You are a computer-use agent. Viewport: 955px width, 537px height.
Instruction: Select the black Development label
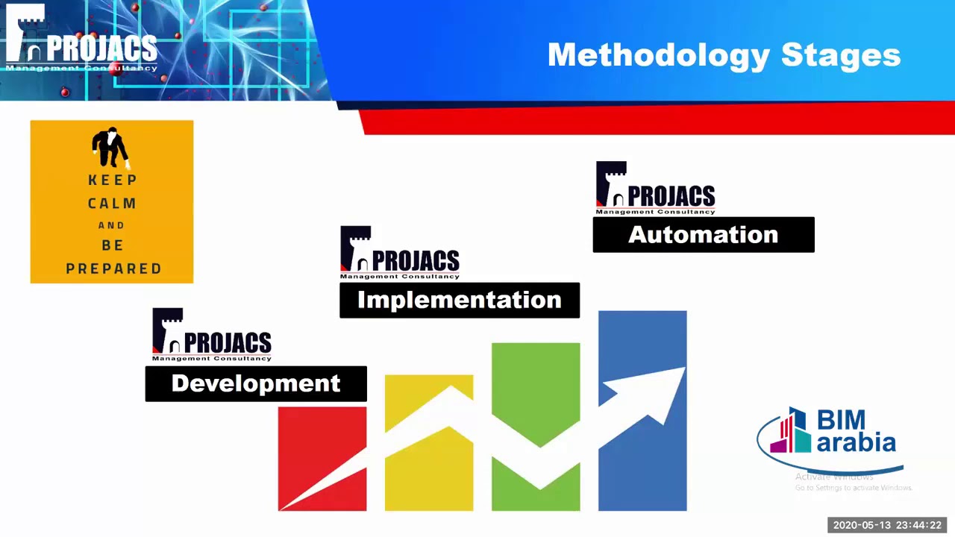tap(256, 383)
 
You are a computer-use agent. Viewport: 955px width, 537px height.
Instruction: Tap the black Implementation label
tap(460, 300)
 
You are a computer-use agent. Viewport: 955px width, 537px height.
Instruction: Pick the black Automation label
tap(704, 235)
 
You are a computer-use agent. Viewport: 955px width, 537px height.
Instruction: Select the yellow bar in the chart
tap(429, 477)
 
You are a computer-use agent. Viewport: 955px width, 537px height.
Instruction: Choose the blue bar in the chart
tap(642, 462)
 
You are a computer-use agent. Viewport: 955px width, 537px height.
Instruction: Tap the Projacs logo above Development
tap(212, 335)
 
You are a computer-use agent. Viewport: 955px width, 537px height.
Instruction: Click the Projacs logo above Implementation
tap(400, 253)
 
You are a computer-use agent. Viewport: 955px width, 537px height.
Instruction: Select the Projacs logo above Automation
tap(656, 188)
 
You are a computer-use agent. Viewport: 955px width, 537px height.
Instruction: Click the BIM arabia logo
tap(830, 436)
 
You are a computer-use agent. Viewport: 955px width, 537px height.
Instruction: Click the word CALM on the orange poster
tap(112, 203)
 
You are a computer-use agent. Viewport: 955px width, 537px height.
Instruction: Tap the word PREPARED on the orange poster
tap(113, 268)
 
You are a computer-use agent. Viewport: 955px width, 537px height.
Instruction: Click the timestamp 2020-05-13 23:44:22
tap(887, 525)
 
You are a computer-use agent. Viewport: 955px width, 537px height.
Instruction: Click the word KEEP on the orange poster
tap(113, 180)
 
